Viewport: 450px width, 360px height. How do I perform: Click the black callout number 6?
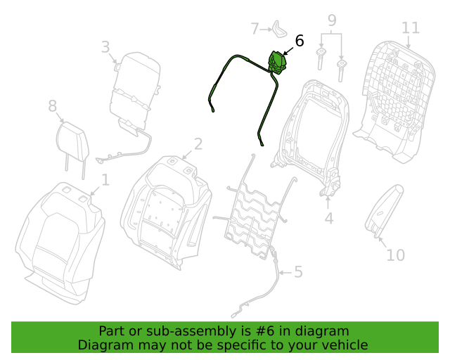click(x=300, y=41)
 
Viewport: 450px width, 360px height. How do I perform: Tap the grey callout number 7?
click(x=255, y=29)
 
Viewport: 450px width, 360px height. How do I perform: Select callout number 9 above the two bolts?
click(x=332, y=20)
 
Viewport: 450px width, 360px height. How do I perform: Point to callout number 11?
click(x=411, y=28)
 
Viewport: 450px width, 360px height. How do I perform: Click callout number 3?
click(x=105, y=47)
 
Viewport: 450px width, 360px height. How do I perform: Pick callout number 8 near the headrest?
click(x=52, y=106)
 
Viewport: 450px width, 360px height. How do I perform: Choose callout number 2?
click(x=198, y=144)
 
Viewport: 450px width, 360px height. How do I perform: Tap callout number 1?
click(x=106, y=180)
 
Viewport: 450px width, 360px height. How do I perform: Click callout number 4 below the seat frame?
click(x=329, y=219)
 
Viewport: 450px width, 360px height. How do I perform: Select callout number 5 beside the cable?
click(x=298, y=271)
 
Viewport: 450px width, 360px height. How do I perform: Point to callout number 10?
click(x=395, y=255)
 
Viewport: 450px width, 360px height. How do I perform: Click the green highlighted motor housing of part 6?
click(x=277, y=63)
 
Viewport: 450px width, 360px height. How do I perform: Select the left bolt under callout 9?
click(x=321, y=59)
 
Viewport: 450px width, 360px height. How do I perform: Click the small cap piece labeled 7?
click(x=279, y=30)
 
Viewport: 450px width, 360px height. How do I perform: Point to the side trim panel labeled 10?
click(x=384, y=211)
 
